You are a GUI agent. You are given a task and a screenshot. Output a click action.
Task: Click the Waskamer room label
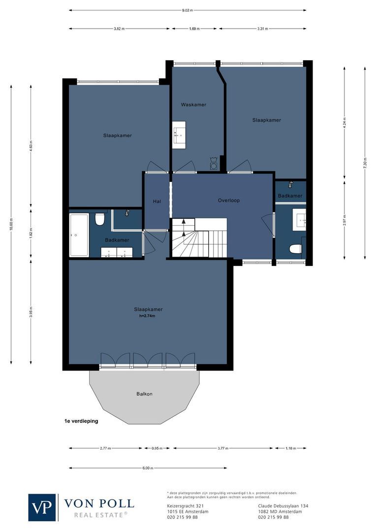[x=193, y=104]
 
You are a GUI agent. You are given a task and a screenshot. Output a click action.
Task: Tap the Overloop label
[x=229, y=200]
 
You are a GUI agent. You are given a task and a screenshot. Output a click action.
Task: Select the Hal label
[x=157, y=200]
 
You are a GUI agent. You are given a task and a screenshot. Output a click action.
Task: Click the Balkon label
[x=144, y=394]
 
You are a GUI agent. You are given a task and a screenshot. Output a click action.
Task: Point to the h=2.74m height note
[x=148, y=316]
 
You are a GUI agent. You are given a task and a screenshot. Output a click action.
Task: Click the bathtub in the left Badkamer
[x=79, y=234]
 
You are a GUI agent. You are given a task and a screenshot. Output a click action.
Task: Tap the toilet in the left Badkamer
[x=100, y=219]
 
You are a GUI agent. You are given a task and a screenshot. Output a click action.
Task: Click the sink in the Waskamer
[x=179, y=133]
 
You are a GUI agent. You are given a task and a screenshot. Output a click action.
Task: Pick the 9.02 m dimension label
[x=188, y=10]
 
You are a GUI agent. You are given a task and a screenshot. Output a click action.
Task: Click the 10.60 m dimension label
[x=11, y=227]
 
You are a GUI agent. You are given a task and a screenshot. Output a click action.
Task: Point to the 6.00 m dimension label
[x=148, y=468]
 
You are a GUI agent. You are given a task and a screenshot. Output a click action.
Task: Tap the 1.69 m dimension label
[x=194, y=29]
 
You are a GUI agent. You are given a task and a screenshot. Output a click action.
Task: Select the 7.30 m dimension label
[x=365, y=162]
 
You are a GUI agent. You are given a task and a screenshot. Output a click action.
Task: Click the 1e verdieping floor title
[x=81, y=421]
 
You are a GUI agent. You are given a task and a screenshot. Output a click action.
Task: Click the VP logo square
[x=43, y=507]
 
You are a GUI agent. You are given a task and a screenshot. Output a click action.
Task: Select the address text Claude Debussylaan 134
[x=283, y=506]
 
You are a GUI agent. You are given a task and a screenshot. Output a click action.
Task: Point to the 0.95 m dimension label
[x=157, y=448]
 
